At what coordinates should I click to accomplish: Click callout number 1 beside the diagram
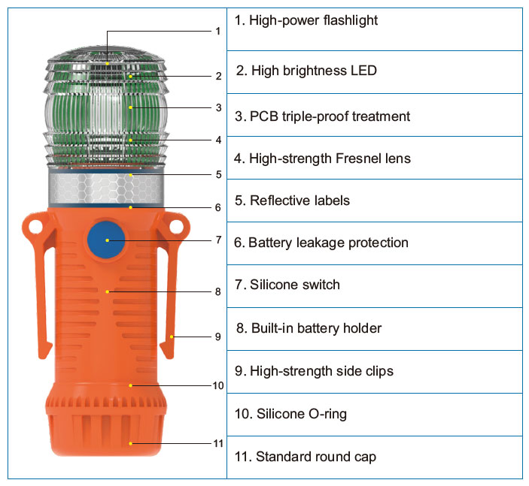click(217, 31)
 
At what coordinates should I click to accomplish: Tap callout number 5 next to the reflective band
click(217, 174)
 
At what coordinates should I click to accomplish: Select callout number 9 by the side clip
click(217, 337)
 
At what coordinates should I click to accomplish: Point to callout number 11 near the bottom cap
click(218, 443)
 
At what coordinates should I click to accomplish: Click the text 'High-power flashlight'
click(306, 21)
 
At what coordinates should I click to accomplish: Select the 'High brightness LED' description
click(306, 71)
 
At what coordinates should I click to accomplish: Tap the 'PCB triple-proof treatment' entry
click(322, 116)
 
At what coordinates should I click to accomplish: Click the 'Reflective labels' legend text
click(292, 201)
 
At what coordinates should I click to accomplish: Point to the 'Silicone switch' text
click(287, 285)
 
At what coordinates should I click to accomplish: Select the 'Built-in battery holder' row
click(309, 328)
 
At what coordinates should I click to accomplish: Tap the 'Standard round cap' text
click(305, 457)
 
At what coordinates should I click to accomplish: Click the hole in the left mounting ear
click(33, 225)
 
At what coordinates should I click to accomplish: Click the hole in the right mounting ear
click(177, 225)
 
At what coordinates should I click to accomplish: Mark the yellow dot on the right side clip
click(172, 337)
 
